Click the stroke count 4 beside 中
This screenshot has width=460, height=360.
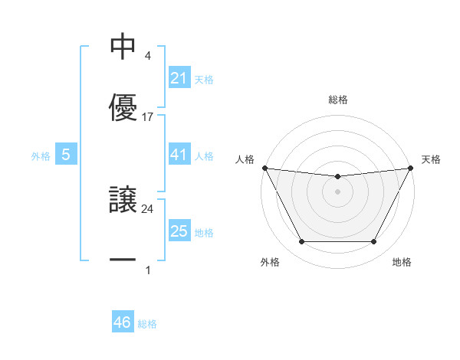pyautogui.click(x=148, y=56)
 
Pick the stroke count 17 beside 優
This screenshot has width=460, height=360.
pyautogui.click(x=148, y=117)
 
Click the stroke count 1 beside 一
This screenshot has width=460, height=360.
pyautogui.click(x=148, y=270)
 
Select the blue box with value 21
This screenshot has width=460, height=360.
pyautogui.click(x=179, y=78)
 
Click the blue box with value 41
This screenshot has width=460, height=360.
pyautogui.click(x=179, y=155)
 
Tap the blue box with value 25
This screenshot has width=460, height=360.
pyautogui.click(x=179, y=231)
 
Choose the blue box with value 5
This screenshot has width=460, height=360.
pyautogui.click(x=66, y=155)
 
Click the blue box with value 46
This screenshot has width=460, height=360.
pyautogui.click(x=123, y=322)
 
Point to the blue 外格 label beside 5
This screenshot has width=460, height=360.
pyautogui.click(x=41, y=155)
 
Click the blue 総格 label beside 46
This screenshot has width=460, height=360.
pyautogui.click(x=147, y=324)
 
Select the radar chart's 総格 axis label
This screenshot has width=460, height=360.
pyautogui.click(x=338, y=100)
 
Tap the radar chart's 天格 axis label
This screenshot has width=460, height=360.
pyautogui.click(x=432, y=159)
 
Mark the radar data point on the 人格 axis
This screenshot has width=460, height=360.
pyautogui.click(x=264, y=168)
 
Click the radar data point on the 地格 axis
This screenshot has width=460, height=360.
pyautogui.click(x=374, y=242)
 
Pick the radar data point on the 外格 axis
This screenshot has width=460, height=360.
pyautogui.click(x=301, y=242)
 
